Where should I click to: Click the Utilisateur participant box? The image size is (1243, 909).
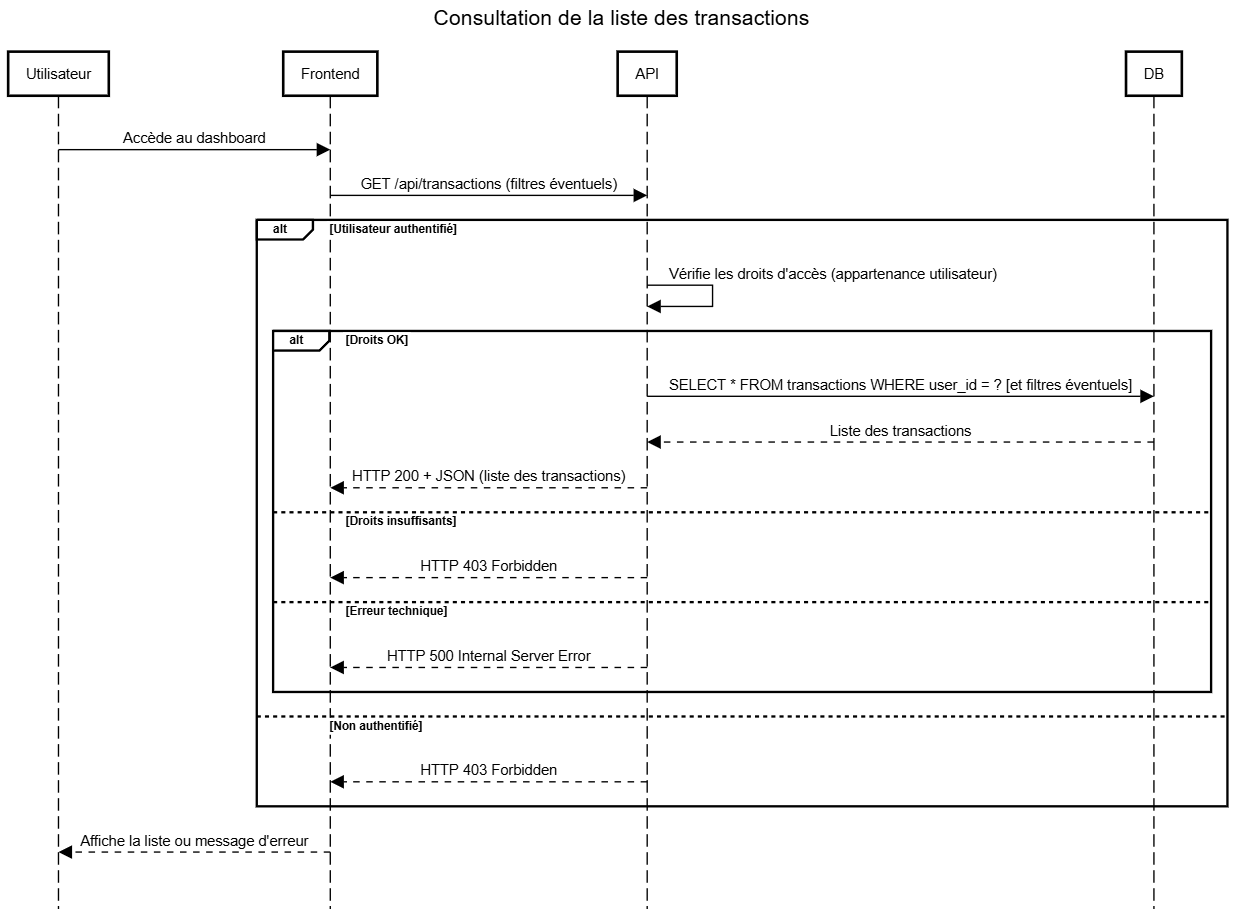(x=58, y=74)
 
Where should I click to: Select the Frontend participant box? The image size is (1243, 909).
(x=330, y=74)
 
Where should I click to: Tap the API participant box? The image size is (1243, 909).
(x=647, y=74)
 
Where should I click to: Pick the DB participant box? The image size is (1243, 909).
(x=1154, y=74)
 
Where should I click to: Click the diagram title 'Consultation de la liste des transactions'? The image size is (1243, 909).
(x=621, y=18)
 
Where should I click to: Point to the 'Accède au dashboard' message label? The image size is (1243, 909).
(x=194, y=138)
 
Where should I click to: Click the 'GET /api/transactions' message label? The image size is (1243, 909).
(x=489, y=184)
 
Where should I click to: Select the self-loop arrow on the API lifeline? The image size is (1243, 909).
(x=713, y=296)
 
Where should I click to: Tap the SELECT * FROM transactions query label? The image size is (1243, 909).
(x=900, y=385)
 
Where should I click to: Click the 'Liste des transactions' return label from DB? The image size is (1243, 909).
(x=900, y=431)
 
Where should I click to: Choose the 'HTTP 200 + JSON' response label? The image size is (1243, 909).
(x=488, y=476)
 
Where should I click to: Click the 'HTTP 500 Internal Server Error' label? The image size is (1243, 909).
(x=488, y=655)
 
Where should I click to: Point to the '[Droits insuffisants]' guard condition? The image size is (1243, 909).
(x=401, y=521)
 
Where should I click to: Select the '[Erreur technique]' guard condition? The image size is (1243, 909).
(x=396, y=610)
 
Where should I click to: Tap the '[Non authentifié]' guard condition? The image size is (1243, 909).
(x=376, y=725)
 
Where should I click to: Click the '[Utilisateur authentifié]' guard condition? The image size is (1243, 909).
(x=393, y=229)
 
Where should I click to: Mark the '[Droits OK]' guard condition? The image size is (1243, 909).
(x=377, y=340)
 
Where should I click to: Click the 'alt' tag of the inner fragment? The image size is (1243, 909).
(x=296, y=340)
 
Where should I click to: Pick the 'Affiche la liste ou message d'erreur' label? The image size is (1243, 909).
(x=194, y=841)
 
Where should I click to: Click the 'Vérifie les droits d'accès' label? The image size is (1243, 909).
(x=833, y=274)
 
